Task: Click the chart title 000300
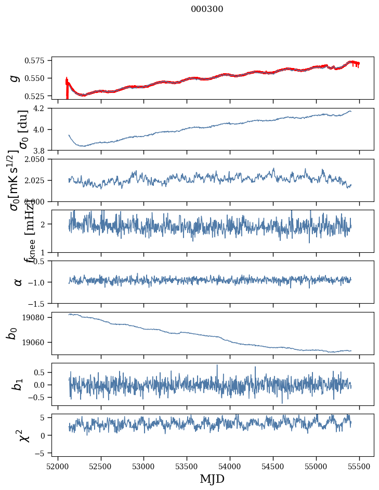[207, 9]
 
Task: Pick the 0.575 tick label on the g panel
[38, 61]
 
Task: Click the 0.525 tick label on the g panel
[38, 96]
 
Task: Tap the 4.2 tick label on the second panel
[43, 108]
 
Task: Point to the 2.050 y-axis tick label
[36, 159]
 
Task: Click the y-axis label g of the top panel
[15, 78]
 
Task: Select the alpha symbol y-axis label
[18, 282]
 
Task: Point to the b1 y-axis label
[18, 384]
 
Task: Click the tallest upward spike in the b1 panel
[217, 365]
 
